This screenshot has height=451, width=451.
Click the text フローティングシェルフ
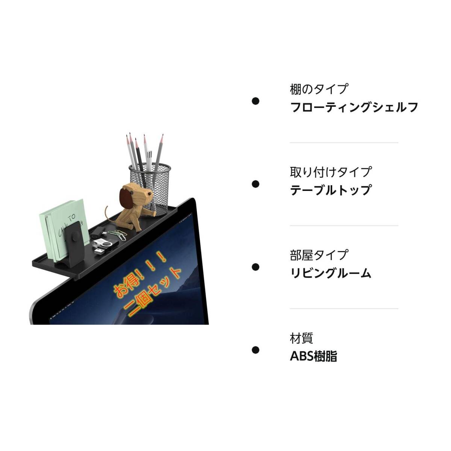pyautogui.click(x=354, y=107)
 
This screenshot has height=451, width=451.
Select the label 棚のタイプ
pyautogui.click(x=319, y=89)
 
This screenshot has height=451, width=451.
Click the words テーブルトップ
pyautogui.click(x=330, y=190)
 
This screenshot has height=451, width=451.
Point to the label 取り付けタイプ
pyautogui.click(x=330, y=172)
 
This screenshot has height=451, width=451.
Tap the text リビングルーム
pyautogui.click(x=330, y=273)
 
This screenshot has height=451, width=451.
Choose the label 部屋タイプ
pyautogui.click(x=319, y=255)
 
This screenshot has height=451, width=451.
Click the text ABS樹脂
pyautogui.click(x=313, y=356)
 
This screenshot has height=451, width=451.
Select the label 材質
pyautogui.click(x=301, y=338)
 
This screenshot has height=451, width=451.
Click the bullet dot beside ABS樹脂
pyautogui.click(x=256, y=350)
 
